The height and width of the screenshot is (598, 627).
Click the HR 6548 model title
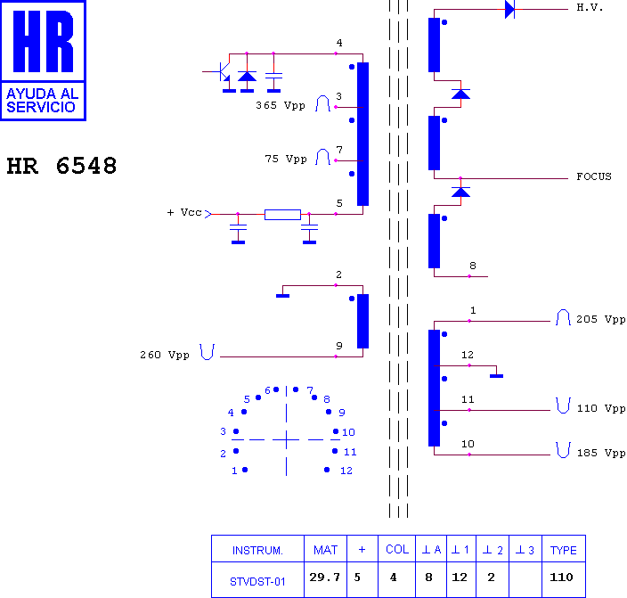point(61,166)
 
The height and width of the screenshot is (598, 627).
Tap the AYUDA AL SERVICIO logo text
point(43,100)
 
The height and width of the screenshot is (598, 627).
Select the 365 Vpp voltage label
point(281,105)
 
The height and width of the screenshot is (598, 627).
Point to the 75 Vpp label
point(286,159)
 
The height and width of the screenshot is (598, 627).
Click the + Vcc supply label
point(184,212)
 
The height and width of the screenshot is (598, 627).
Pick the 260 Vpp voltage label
point(165,355)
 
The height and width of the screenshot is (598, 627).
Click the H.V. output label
point(590,7)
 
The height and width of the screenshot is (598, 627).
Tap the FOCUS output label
point(594,176)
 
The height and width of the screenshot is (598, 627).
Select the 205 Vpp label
point(600,319)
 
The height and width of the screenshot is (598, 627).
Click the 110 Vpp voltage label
point(601,408)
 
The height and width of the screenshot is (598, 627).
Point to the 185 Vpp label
point(601,453)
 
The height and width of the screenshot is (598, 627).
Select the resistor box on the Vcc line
point(282,215)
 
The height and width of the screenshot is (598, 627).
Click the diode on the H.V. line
point(509,9)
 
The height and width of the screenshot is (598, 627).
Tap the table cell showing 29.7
point(324,578)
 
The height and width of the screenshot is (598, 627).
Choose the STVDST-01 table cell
point(257,582)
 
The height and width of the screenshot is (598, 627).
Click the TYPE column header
point(563,551)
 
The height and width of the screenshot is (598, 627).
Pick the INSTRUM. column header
point(257,551)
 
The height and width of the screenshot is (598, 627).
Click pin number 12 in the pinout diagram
point(346,471)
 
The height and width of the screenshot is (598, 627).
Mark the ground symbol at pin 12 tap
point(496,376)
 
